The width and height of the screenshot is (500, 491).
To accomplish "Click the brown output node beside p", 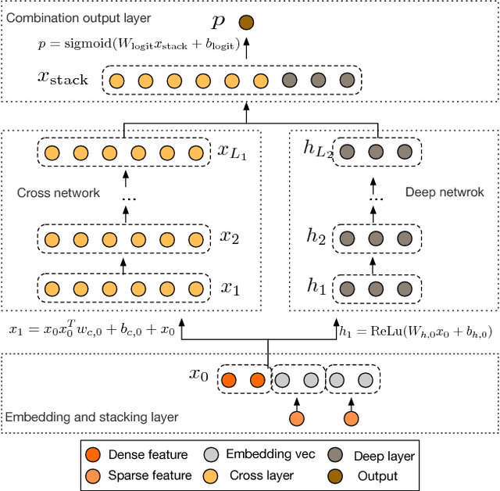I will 247,23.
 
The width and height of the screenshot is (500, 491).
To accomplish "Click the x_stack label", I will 62,79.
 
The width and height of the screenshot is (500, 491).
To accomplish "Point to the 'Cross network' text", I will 59,192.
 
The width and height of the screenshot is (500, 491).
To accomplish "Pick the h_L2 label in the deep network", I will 317,150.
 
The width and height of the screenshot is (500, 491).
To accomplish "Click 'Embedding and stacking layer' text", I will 91,418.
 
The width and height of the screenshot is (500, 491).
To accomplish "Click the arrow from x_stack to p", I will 247,51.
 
